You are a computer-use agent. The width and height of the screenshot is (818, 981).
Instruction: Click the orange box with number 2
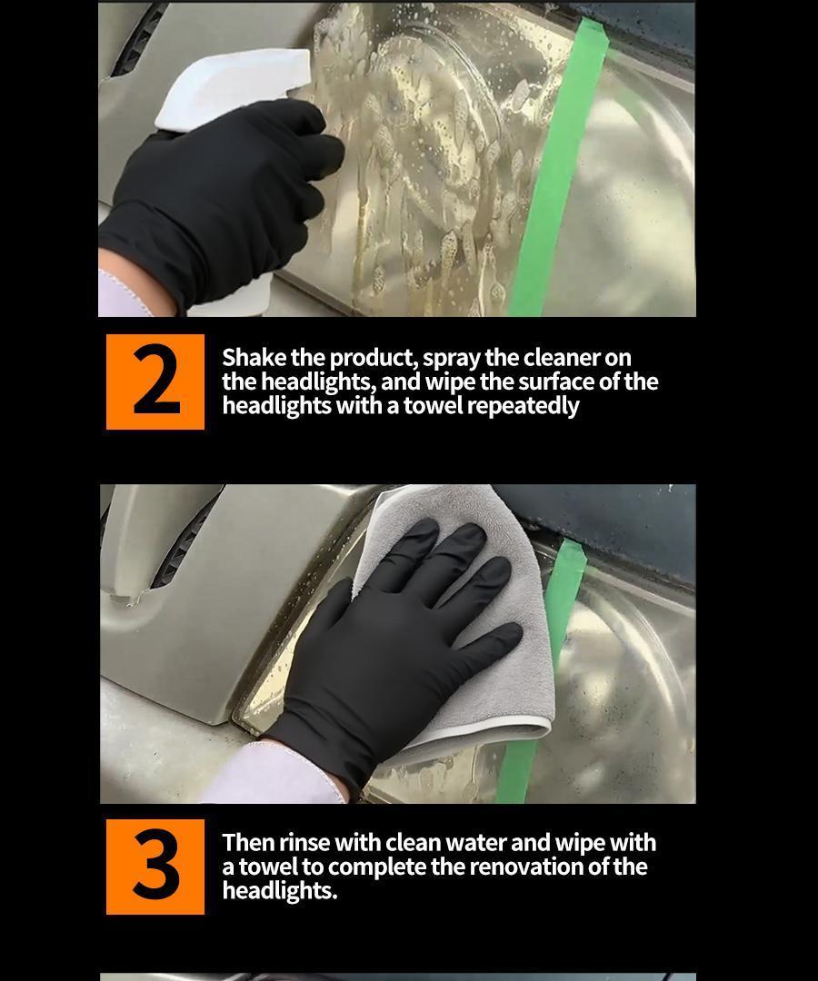pyautogui.click(x=155, y=381)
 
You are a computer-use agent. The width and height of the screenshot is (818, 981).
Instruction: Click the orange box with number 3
pyautogui.click(x=155, y=867)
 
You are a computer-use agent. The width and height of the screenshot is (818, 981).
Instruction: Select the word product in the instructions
pyautogui.click(x=374, y=358)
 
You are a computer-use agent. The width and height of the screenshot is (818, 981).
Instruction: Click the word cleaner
pyautogui.click(x=562, y=358)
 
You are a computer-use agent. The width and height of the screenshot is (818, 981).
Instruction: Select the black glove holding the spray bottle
pyautogui.click(x=219, y=200)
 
